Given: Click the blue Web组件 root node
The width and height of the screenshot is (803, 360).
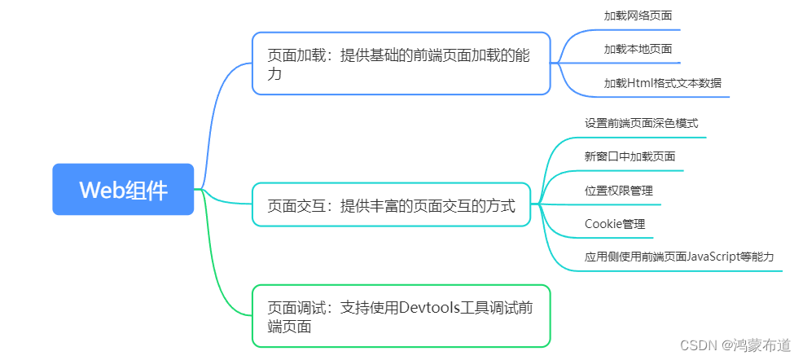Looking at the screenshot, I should (x=123, y=189).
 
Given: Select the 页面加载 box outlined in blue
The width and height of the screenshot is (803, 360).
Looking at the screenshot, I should (x=401, y=64).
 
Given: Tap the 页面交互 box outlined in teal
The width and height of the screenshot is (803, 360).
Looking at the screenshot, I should (x=391, y=205).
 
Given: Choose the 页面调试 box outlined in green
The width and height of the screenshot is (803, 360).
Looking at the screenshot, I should (x=401, y=316).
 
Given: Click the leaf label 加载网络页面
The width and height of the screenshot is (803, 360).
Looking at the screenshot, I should (x=638, y=15).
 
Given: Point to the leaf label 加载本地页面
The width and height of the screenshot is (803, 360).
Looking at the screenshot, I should (x=638, y=49).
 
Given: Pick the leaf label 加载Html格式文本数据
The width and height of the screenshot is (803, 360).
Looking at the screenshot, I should (x=662, y=83).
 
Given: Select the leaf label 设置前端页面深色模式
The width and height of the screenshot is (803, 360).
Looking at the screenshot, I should (x=641, y=124).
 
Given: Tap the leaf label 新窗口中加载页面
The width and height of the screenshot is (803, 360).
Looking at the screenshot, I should (x=630, y=156).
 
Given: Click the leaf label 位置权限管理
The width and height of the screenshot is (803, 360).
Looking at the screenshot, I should (x=618, y=191).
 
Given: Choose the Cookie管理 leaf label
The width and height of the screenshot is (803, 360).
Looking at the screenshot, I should (x=615, y=223).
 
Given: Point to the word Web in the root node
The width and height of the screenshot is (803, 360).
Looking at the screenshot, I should (x=99, y=190).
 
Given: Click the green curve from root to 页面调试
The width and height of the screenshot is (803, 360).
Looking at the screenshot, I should (x=218, y=269).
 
